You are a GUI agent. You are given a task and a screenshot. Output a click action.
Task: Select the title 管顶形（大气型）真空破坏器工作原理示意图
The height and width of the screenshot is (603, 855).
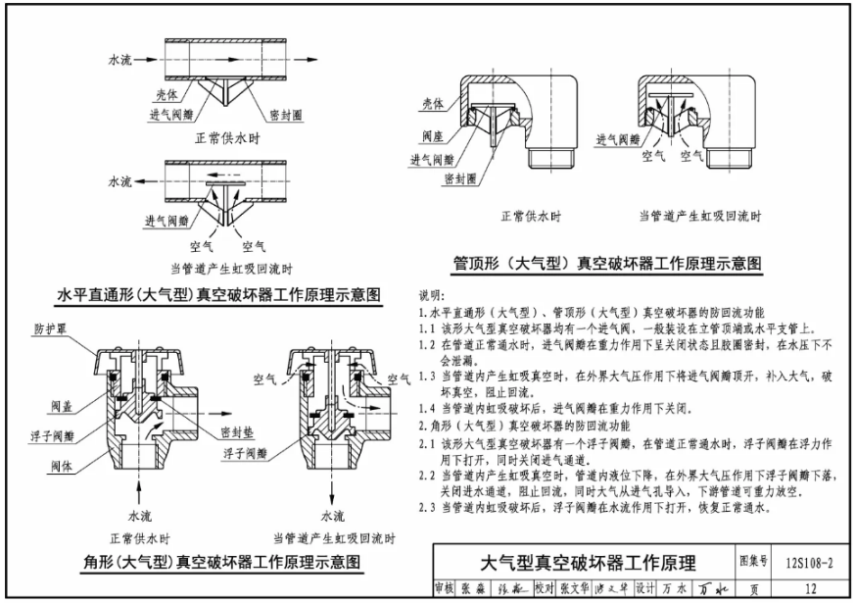click(x=606, y=263)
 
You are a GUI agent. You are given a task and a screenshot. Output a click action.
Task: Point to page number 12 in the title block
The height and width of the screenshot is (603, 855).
click(x=809, y=588)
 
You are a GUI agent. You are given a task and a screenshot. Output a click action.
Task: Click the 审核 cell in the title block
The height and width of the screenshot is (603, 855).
click(x=445, y=588)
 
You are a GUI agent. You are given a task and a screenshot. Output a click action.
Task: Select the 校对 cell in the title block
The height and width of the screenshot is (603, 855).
click(x=545, y=588)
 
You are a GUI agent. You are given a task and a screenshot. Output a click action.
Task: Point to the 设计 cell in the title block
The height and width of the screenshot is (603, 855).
click(x=643, y=588)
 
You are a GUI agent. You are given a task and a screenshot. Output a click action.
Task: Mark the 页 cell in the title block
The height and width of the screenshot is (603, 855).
click(x=754, y=588)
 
